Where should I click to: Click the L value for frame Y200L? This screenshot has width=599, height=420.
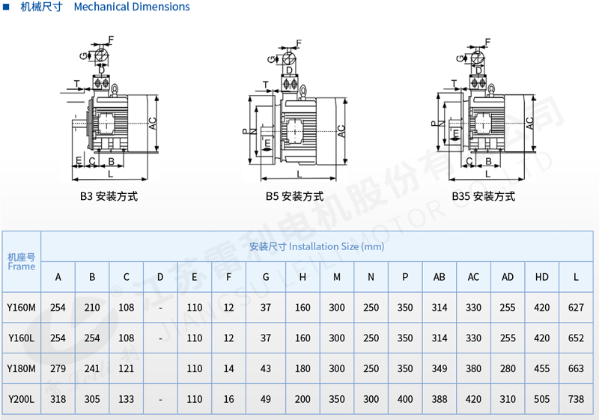pyautogui.click(x=576, y=399)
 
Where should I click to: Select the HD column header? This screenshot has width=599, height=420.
pyautogui.click(x=541, y=277)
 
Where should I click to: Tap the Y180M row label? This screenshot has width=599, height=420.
pyautogui.click(x=22, y=368)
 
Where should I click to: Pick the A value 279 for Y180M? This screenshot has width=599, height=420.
pyautogui.click(x=58, y=368)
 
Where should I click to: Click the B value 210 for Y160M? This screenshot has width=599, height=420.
pyautogui.click(x=92, y=308)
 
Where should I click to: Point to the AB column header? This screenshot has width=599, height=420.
pyautogui.click(x=440, y=277)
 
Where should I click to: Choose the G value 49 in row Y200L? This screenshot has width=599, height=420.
pyautogui.click(x=266, y=399)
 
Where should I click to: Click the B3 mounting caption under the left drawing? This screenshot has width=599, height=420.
pyautogui.click(x=109, y=196)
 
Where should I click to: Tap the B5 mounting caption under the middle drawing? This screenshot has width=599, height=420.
pyautogui.click(x=294, y=196)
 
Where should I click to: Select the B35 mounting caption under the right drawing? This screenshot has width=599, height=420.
pyautogui.click(x=484, y=196)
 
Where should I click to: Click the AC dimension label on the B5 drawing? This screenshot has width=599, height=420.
pyautogui.click(x=341, y=131)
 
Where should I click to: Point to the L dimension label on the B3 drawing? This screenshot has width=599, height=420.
pyautogui.click(x=110, y=174)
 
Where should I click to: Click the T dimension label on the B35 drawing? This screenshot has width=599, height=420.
pyautogui.click(x=454, y=83)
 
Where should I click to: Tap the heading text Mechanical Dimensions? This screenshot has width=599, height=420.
pyautogui.click(x=132, y=7)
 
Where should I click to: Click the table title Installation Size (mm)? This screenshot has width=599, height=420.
pyautogui.click(x=317, y=246)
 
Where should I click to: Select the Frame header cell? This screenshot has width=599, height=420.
pyautogui.click(x=22, y=261)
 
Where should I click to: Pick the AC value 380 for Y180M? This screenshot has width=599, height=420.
pyautogui.click(x=473, y=368)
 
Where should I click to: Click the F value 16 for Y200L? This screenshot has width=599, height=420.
pyautogui.click(x=228, y=399)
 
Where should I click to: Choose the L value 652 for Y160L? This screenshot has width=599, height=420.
pyautogui.click(x=576, y=338)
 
